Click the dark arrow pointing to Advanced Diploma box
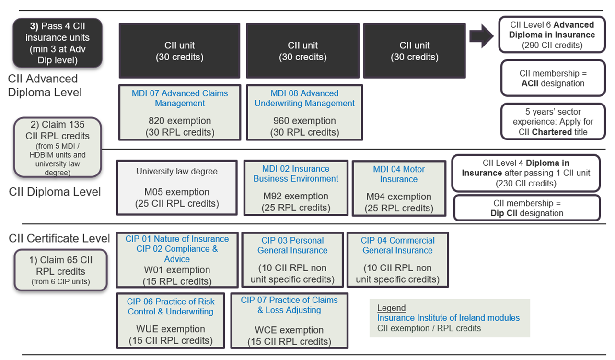481,36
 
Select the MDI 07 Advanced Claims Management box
180,113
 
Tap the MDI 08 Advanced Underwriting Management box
304,113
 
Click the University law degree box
177,187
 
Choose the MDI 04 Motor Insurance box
399,188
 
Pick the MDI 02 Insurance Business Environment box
296,188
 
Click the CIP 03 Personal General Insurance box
292,260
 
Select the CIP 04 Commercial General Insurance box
397,260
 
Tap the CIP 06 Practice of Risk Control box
171,321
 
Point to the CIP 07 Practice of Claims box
290,321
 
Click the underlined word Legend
391,308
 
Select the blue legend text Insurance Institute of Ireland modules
448,318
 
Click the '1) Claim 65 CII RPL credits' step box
61,270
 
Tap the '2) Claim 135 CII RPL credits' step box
58,147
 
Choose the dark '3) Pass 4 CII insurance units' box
58,43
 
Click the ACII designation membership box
553,78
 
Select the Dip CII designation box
527,208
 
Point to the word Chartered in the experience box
552,132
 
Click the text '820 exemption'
180,120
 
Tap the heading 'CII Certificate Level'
59,238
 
